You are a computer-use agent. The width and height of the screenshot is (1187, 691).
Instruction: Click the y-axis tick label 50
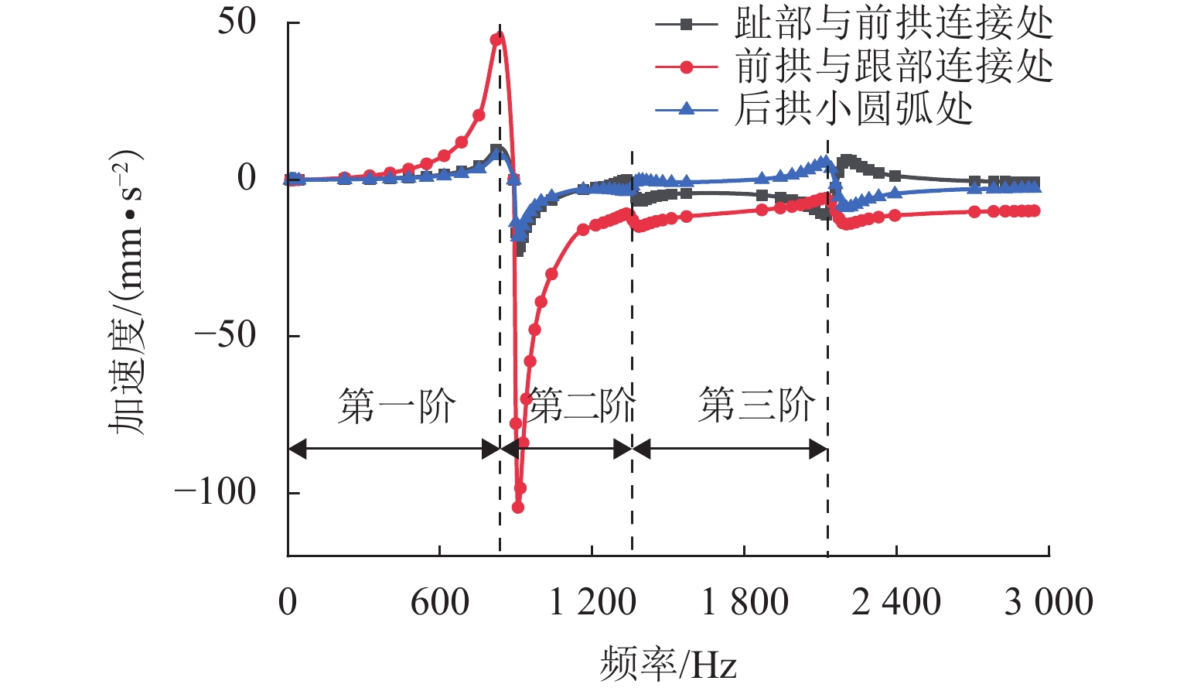click(x=236, y=22)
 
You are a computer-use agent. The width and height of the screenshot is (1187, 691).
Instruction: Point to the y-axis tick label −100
click(x=215, y=491)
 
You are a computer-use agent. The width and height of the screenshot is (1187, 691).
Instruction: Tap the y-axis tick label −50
click(x=225, y=335)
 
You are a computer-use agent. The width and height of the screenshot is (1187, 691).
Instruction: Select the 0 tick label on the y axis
click(x=247, y=179)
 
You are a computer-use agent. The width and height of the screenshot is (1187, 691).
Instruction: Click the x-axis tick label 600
click(x=439, y=602)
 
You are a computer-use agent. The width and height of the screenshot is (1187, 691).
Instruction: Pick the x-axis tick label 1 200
click(x=592, y=602)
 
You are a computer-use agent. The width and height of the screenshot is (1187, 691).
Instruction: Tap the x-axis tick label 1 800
click(x=745, y=602)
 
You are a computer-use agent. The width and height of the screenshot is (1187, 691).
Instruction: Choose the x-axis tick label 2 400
click(x=896, y=602)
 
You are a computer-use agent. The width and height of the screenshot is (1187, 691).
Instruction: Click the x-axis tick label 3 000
click(x=1049, y=602)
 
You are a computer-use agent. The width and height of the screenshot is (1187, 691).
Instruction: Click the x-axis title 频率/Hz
click(x=668, y=664)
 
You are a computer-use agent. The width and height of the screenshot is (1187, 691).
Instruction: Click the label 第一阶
click(x=397, y=406)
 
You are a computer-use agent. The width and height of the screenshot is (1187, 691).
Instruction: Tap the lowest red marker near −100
click(x=518, y=508)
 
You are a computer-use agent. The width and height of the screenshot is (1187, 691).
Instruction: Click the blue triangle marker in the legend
click(x=685, y=109)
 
